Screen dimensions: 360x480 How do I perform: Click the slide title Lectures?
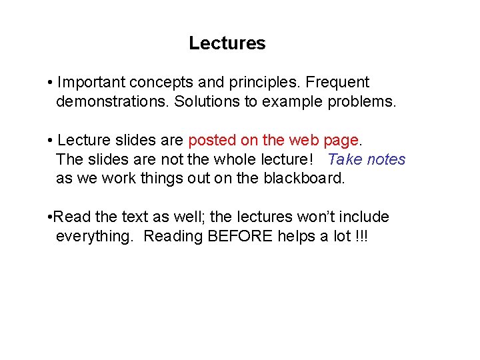[227, 43]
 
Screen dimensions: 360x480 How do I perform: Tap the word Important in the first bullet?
[91, 83]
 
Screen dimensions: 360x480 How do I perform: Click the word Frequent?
[339, 83]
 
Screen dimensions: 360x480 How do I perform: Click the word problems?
[361, 103]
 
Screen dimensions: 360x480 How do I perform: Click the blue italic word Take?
[345, 159]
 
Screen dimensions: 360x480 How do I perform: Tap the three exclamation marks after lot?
[360, 237]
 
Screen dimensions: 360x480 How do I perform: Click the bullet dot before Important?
[51, 83]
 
